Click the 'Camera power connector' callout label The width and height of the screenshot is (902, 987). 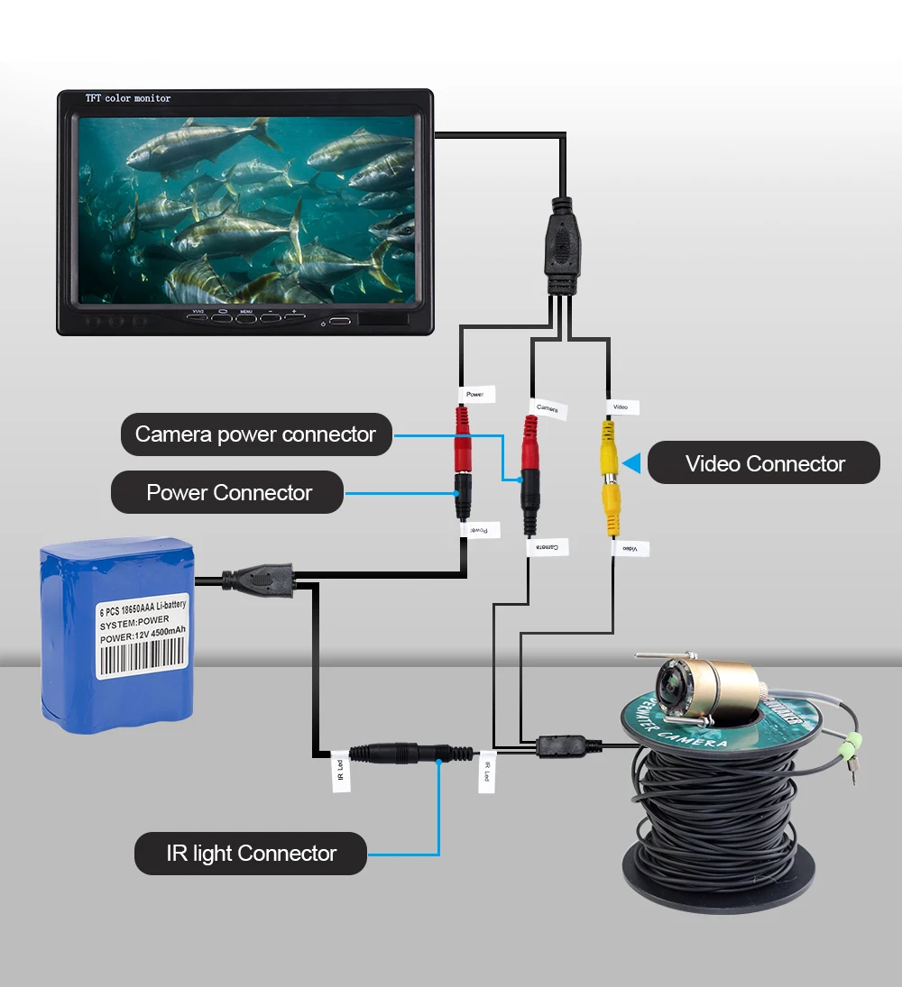[256, 434]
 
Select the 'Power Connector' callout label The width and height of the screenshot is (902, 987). [228, 493]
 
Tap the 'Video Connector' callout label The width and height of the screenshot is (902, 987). [764, 463]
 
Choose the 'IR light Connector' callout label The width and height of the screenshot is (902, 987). [251, 854]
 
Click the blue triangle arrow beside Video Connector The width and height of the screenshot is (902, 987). [632, 463]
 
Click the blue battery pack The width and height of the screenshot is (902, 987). [117, 631]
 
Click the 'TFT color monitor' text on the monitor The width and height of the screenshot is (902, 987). [127, 98]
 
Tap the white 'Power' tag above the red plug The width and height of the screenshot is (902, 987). [474, 394]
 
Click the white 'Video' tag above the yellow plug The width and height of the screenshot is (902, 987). [620, 407]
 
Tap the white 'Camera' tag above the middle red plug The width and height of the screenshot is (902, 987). [548, 408]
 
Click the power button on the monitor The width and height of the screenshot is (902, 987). [339, 321]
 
